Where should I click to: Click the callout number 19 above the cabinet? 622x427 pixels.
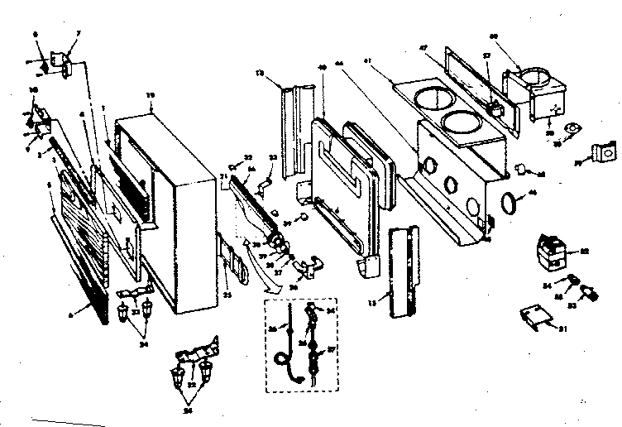150,96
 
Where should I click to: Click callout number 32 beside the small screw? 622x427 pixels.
248,156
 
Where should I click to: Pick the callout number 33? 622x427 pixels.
273,157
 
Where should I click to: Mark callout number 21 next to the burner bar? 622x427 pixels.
223,177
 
